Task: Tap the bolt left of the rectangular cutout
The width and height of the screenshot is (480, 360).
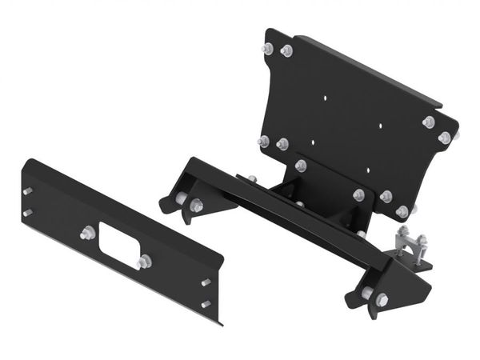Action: (86, 234)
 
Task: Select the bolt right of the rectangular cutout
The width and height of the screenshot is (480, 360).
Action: (144, 262)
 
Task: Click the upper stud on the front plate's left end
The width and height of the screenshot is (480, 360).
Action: (29, 191)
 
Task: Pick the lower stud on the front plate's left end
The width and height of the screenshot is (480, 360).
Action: (28, 212)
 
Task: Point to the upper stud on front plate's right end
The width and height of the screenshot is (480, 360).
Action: (206, 282)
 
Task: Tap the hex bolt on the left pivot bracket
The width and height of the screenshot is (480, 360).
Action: (197, 206)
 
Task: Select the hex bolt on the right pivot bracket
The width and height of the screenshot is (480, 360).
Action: (382, 299)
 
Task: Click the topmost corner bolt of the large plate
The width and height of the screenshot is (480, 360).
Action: (267, 49)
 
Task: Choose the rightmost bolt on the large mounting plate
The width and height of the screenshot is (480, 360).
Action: (444, 138)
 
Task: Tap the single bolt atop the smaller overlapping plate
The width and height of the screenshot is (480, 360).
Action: (301, 166)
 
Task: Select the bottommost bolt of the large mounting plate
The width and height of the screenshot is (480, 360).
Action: (402, 211)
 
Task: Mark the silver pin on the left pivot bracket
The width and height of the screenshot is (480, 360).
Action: (182, 198)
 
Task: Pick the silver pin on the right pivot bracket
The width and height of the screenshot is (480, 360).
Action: (366, 293)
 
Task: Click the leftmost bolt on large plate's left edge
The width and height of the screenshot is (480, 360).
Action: (263, 141)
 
